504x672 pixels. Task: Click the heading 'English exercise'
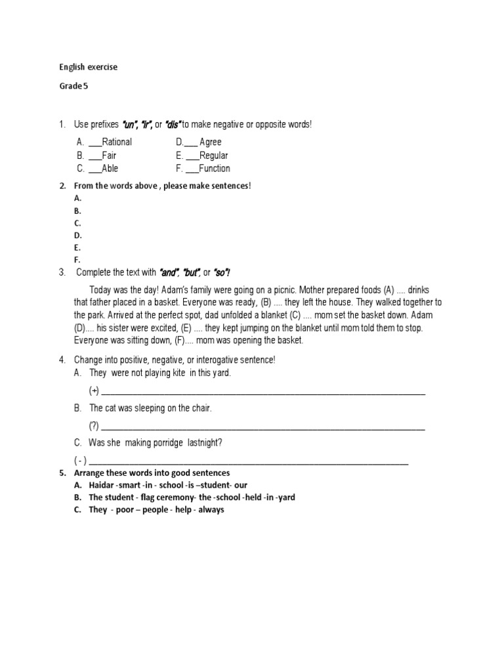[x=88, y=67]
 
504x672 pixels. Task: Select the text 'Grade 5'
[x=73, y=86]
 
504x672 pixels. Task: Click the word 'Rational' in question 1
[x=117, y=142]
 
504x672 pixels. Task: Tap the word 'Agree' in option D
[x=211, y=142]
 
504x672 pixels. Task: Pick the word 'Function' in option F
[x=215, y=168]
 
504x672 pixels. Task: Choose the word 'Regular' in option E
[x=214, y=156]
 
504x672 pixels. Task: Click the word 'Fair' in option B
[x=109, y=156]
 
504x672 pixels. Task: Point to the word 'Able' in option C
[x=110, y=168]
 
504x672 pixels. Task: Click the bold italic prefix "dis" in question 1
[x=173, y=124]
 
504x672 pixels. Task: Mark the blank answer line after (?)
[x=262, y=427]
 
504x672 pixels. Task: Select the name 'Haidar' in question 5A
[x=101, y=485]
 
